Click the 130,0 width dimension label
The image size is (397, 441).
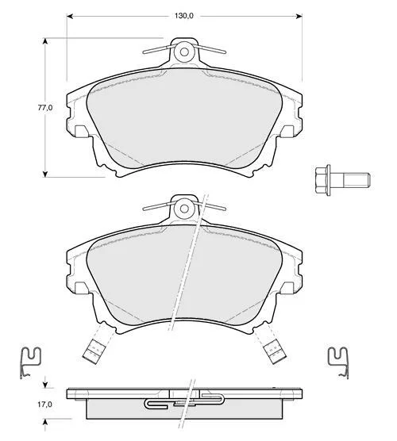184,16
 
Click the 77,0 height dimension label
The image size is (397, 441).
45,107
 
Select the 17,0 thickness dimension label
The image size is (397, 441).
45,405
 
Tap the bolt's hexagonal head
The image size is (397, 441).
322,180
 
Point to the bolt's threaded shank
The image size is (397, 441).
356,180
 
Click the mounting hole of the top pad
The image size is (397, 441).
184,52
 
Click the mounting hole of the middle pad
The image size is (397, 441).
184,209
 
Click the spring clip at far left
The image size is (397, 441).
30,362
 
